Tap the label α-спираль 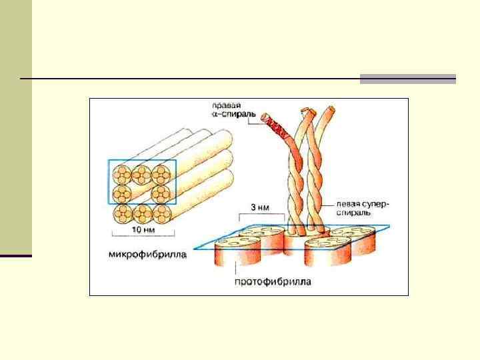[x=231, y=115]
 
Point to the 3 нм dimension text [x=261, y=207]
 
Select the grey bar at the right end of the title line [x=407, y=79]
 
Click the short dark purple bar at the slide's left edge [x=16, y=255]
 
